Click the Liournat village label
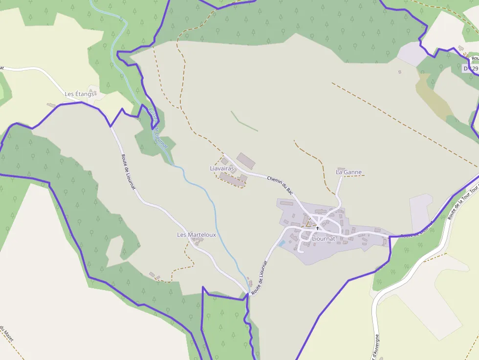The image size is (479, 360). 323,239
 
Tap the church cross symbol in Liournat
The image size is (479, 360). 317,228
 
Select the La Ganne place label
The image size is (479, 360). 348,172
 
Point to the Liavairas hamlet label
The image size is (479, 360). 222,169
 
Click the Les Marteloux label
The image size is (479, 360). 196,235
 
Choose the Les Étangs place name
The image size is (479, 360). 79,94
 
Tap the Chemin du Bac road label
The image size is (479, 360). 280,183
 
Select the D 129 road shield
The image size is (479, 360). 470,69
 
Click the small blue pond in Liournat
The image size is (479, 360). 282,243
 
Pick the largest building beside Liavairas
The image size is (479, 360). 246,160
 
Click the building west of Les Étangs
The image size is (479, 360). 51,105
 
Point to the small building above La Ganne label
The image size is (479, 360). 341,169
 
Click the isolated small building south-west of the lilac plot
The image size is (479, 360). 399,72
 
